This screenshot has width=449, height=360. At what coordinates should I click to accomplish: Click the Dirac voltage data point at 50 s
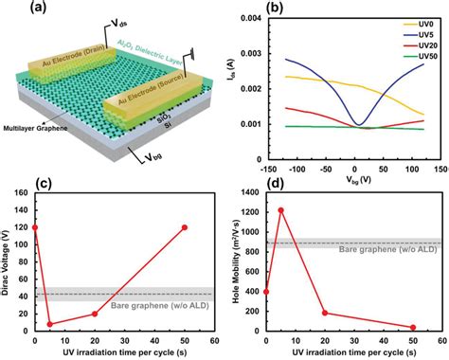(185, 227)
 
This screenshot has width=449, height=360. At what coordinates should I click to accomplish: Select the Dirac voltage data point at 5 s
(49, 323)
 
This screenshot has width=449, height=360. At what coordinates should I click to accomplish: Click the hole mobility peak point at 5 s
(280, 209)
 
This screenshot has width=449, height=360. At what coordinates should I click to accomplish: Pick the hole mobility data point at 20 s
(325, 313)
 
